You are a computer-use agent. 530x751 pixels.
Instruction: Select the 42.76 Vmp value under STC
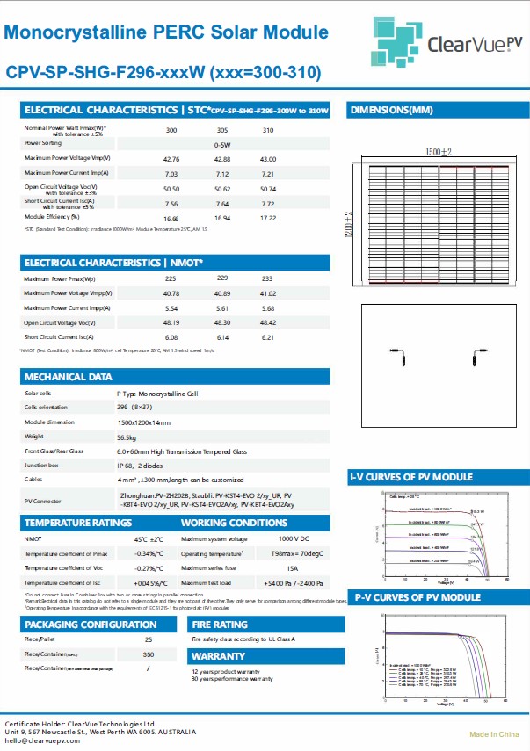click(171, 159)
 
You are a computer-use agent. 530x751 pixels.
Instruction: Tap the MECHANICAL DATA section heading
click(68, 376)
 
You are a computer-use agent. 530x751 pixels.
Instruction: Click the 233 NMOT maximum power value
click(268, 278)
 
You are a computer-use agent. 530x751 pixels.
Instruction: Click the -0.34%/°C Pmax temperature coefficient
click(148, 553)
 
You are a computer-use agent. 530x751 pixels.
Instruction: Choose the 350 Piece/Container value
click(148, 654)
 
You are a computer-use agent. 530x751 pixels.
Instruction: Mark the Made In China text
click(494, 733)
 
